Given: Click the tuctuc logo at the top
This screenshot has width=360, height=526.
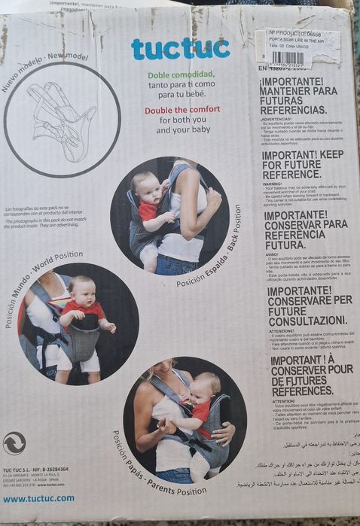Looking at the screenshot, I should click(x=180, y=49).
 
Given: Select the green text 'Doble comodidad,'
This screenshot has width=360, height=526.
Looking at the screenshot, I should click(x=180, y=76).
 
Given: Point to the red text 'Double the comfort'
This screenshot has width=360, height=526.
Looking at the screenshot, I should click(x=180, y=110).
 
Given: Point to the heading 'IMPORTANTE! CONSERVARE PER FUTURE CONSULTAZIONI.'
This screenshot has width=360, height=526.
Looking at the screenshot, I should click(x=301, y=305).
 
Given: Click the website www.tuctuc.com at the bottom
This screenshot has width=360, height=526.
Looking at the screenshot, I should click(x=39, y=498).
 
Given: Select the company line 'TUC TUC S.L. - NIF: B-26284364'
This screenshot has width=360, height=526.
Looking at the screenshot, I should click(x=35, y=470).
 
